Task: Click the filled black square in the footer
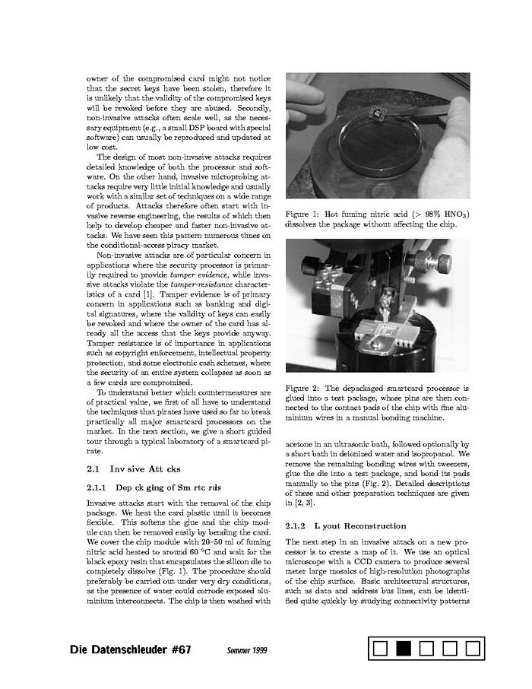pyautogui.click(x=404, y=649)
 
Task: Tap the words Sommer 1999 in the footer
pyautogui.click(x=247, y=651)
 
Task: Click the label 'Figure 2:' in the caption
pyautogui.click(x=302, y=389)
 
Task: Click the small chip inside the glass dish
pyautogui.click(x=375, y=113)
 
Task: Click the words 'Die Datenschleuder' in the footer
pyautogui.click(x=118, y=650)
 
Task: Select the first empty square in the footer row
pyautogui.click(x=382, y=649)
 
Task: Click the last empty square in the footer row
pyautogui.click(x=473, y=649)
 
